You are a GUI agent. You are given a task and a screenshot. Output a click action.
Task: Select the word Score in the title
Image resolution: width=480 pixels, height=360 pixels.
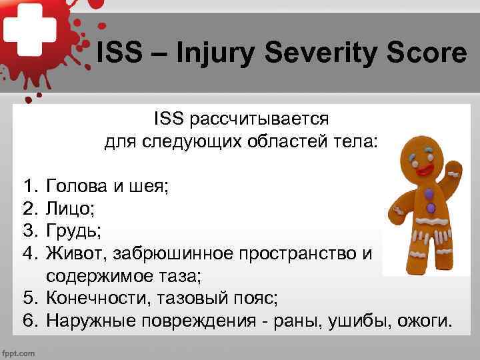pyautogui.click(x=426, y=53)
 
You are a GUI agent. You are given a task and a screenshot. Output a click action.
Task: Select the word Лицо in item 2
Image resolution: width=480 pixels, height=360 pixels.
pyautogui.click(x=69, y=209)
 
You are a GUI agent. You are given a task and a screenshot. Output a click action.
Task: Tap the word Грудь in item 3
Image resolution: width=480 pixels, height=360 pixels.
pyautogui.click(x=73, y=231)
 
